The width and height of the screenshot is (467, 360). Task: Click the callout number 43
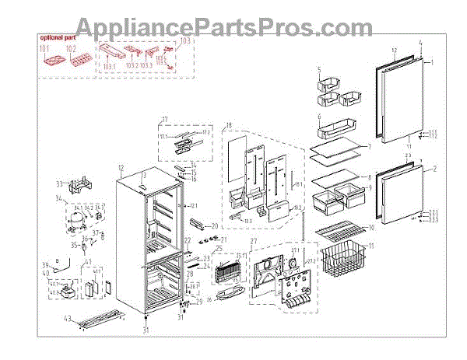tap(68, 320)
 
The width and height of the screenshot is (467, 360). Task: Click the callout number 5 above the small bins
tap(318, 70)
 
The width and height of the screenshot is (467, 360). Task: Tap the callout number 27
tap(253, 243)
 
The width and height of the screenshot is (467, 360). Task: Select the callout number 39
tap(44, 265)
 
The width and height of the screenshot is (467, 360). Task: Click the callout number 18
tap(229, 126)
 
